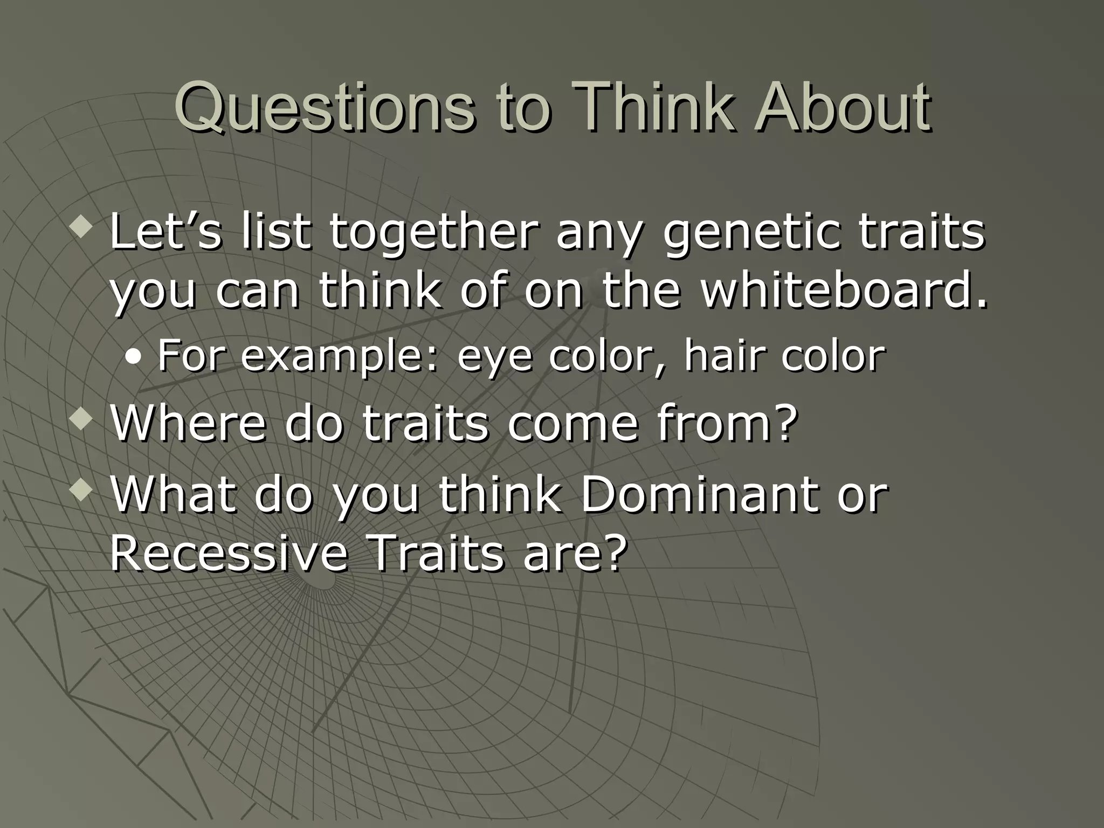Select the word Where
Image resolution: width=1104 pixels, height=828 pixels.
[188, 424]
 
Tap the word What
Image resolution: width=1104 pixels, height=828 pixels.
[173, 495]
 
